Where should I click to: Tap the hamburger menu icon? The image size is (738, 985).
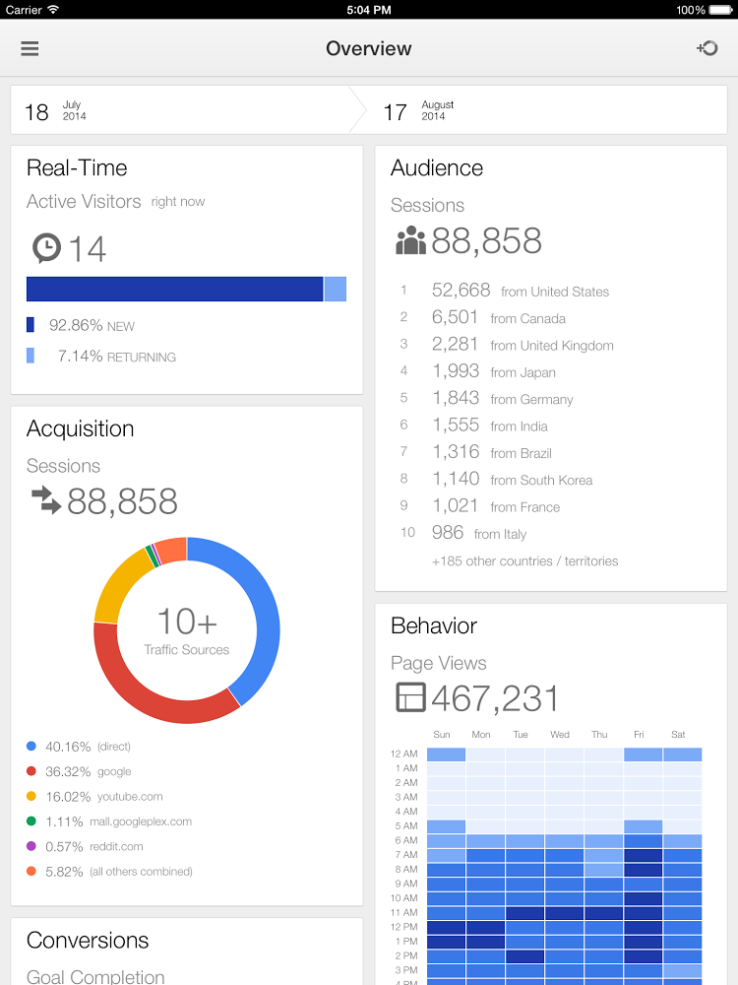[30, 48]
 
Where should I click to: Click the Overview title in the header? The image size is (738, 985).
[369, 48]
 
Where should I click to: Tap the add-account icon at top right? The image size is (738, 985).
[707, 48]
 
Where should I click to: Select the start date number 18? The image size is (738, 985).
[36, 112]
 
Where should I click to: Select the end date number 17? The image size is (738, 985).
[395, 112]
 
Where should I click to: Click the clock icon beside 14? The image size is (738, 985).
[46, 247]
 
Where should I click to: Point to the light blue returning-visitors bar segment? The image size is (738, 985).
[336, 289]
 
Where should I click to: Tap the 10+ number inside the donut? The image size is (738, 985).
[187, 621]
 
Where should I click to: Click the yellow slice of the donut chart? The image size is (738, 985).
[117, 585]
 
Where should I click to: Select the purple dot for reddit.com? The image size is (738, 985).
[31, 846]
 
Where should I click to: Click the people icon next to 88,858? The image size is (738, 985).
[409, 241]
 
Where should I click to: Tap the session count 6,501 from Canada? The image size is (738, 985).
[455, 317]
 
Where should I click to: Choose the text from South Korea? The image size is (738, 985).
[541, 480]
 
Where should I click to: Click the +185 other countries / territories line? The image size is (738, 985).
[524, 560]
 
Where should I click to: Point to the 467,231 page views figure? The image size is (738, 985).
[495, 698]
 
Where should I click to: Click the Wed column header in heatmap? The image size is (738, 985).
[560, 734]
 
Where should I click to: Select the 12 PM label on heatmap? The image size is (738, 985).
[404, 927]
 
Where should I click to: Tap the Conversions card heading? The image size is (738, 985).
[88, 940]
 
